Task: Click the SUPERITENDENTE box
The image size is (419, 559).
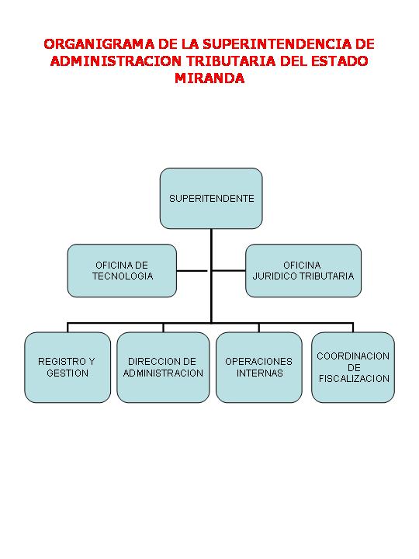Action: (x=211, y=198)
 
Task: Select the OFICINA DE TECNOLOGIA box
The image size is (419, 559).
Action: (x=122, y=271)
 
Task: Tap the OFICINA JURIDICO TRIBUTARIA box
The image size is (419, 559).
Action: (x=303, y=271)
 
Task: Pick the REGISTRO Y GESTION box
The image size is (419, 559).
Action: (x=68, y=367)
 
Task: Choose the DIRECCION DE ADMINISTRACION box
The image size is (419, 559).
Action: (x=163, y=367)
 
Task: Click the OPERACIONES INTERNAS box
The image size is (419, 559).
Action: (x=259, y=367)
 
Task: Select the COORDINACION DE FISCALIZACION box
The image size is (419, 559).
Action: (x=353, y=367)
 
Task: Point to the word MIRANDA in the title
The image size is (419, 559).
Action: (x=209, y=78)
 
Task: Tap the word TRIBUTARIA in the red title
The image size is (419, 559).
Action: (x=231, y=61)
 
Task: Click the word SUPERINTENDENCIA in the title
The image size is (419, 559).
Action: (x=276, y=43)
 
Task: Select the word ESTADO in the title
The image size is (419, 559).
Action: (x=340, y=61)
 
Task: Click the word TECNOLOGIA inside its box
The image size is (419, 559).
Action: (x=123, y=276)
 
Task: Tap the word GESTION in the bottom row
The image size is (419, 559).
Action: (x=68, y=373)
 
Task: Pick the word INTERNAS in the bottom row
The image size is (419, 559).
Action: (x=260, y=373)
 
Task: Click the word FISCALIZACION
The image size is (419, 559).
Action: (x=354, y=379)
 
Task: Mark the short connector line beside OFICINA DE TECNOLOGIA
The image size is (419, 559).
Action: (x=192, y=271)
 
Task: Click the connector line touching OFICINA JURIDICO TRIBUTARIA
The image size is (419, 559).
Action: (x=228, y=271)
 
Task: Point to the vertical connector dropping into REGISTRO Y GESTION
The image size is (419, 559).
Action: (x=68, y=328)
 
